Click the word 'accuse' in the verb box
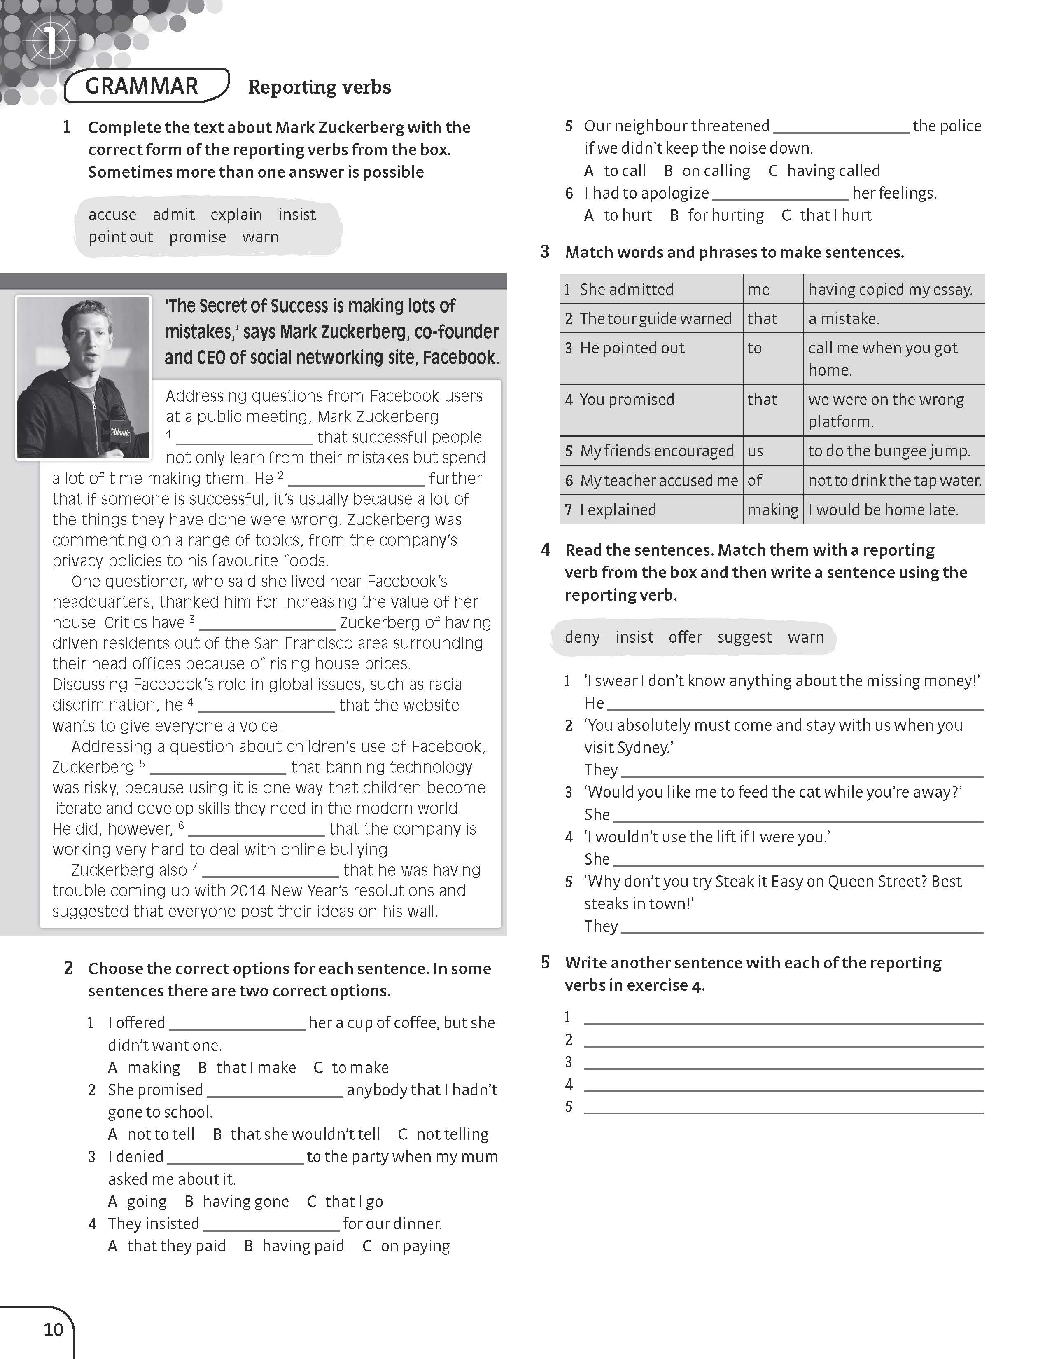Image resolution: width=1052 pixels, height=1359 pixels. click(112, 215)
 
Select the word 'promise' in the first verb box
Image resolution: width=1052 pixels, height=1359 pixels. click(197, 237)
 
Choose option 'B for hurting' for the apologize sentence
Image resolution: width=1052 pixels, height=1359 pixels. click(717, 215)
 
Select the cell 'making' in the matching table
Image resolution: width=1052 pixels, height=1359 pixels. click(773, 510)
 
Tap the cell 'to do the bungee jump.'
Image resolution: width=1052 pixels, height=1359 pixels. click(889, 451)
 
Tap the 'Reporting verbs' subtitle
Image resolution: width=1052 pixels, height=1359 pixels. click(319, 87)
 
